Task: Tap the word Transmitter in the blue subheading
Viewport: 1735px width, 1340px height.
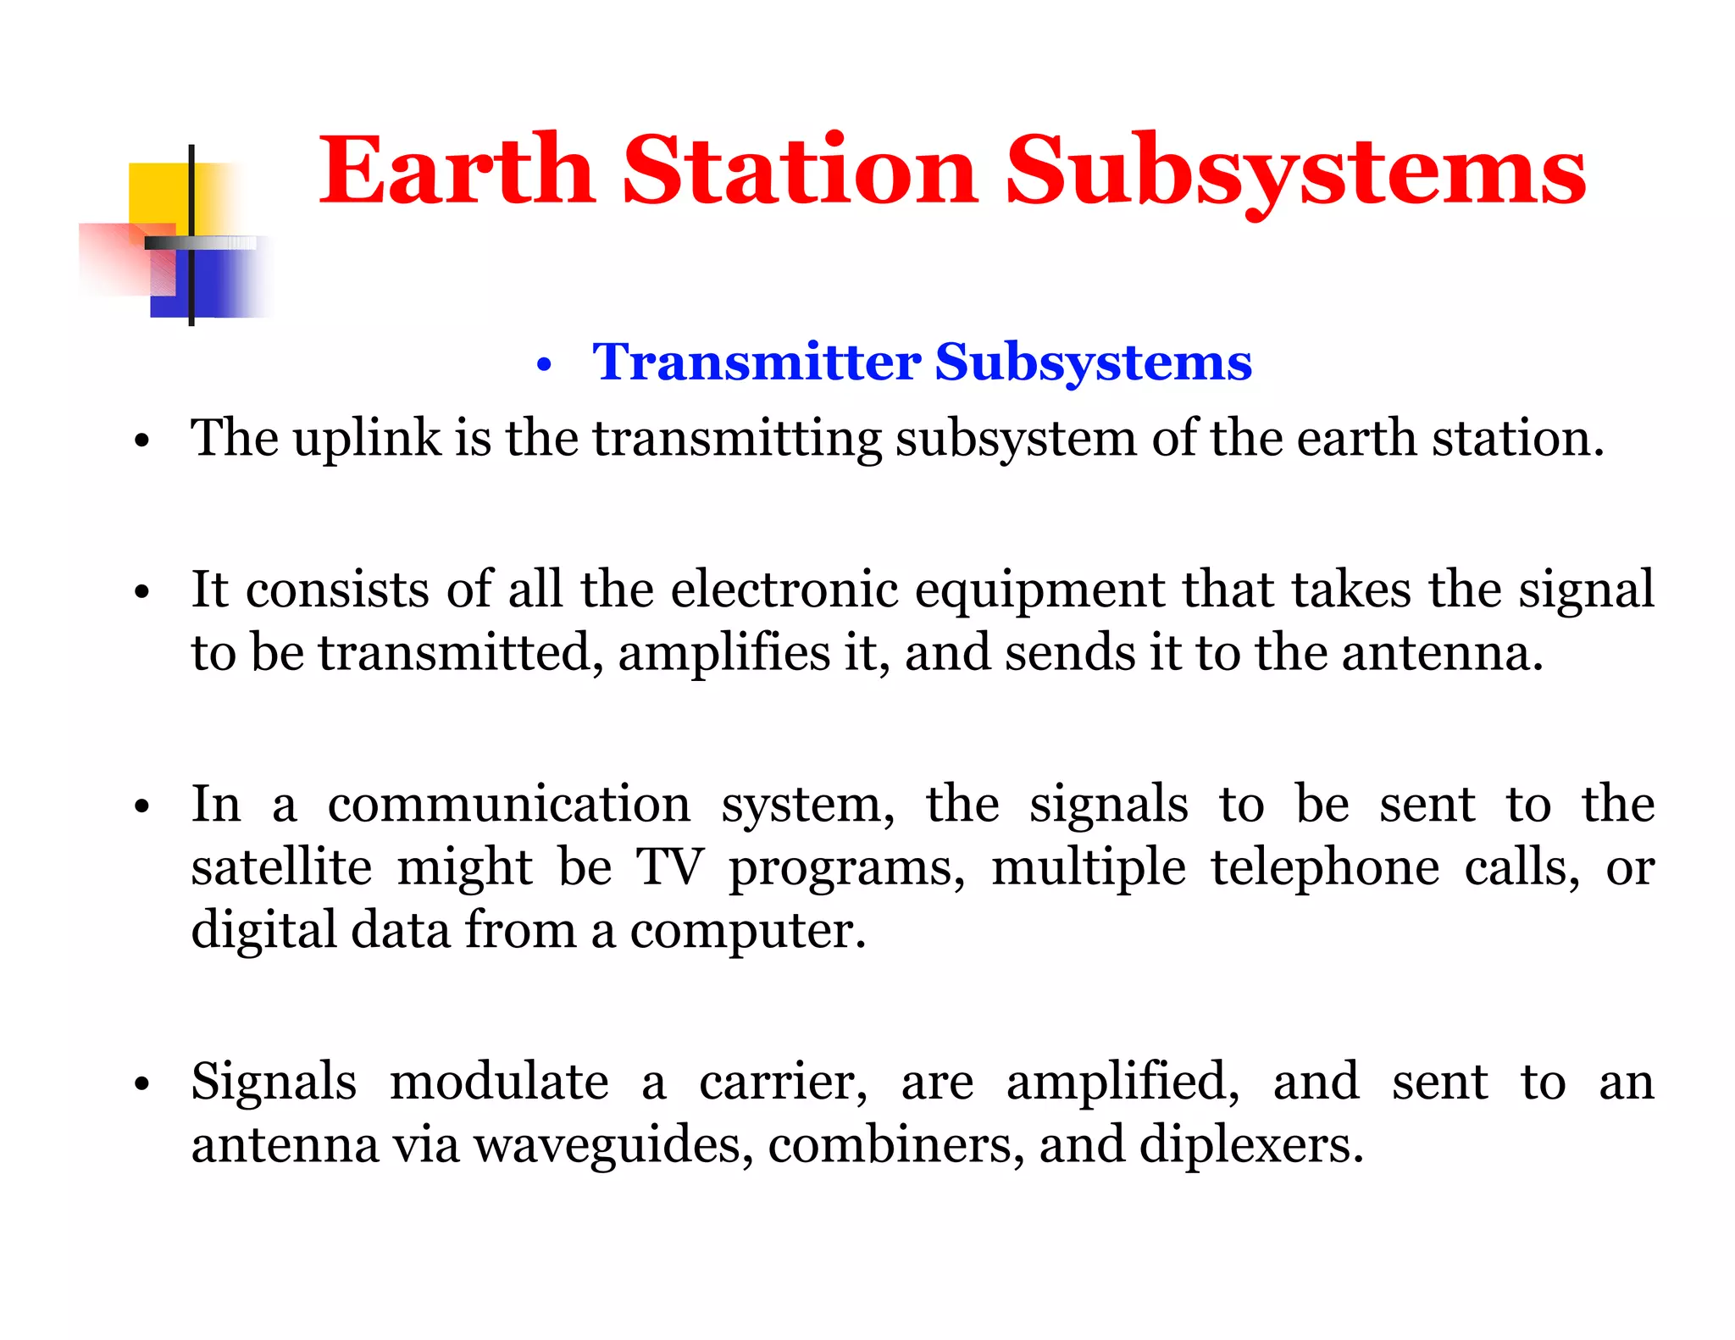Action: [757, 363]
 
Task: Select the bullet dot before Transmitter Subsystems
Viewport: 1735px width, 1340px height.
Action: [544, 366]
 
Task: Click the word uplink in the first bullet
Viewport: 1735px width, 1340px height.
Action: [367, 439]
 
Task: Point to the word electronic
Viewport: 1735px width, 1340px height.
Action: [784, 590]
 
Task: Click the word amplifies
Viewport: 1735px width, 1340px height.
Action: [723, 653]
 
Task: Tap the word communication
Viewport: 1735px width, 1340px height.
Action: [508, 804]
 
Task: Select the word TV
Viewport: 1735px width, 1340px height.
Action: [669, 867]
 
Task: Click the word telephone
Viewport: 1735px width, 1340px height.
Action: [1324, 867]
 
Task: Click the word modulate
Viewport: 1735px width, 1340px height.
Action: [499, 1082]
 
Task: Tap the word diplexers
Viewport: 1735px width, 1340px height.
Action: [1250, 1145]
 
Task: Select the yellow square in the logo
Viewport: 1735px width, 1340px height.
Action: [159, 193]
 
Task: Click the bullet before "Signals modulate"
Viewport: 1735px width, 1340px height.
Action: [141, 1084]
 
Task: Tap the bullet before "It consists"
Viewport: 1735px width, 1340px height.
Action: [141, 592]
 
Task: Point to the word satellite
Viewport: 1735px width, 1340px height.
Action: [281, 867]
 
